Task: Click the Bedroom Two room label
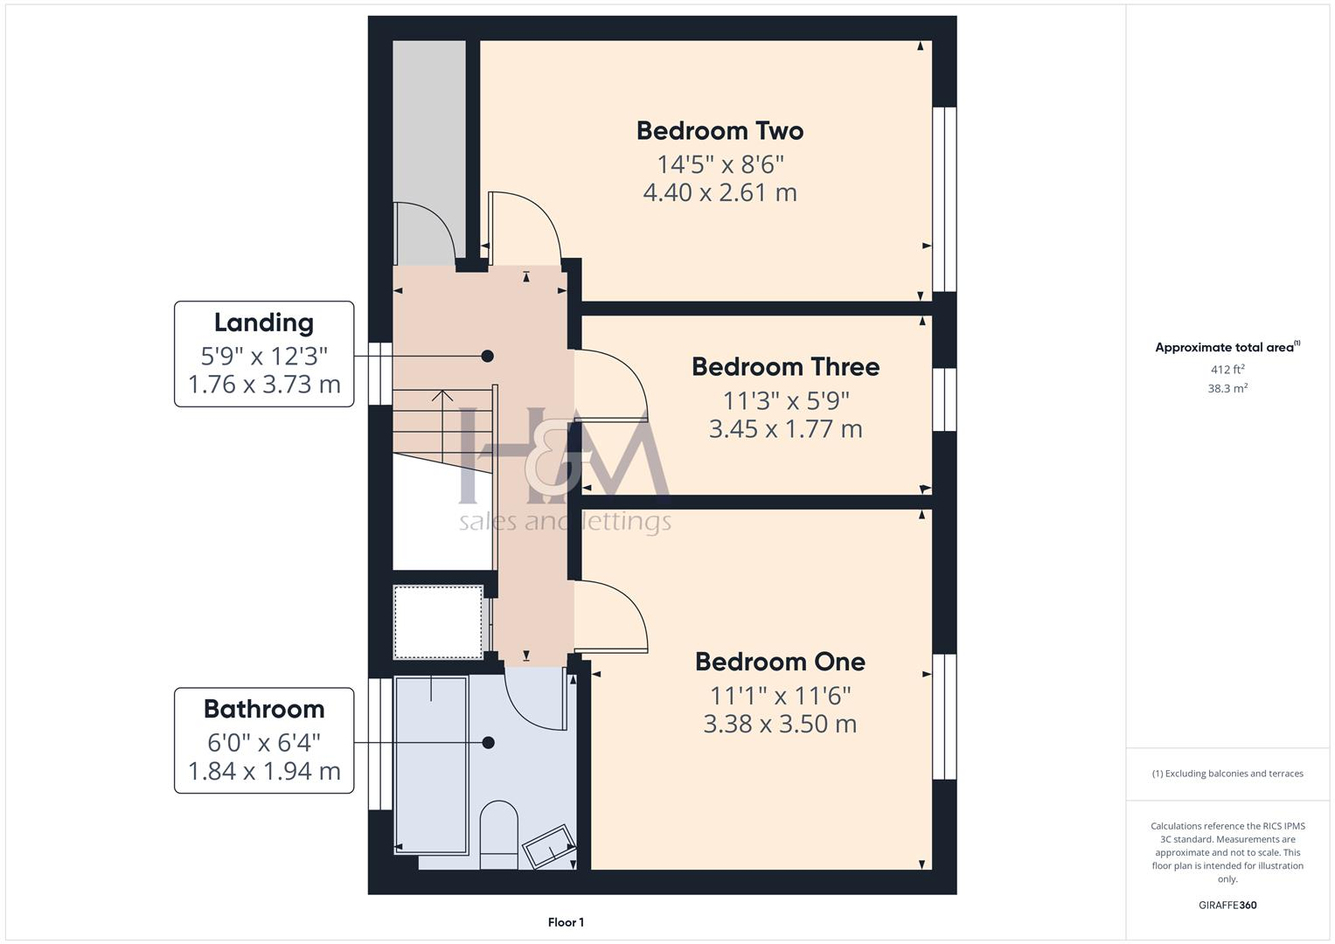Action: click(x=720, y=131)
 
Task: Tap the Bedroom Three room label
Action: click(x=785, y=367)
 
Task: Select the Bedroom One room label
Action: click(x=780, y=662)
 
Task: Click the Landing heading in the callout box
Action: click(x=264, y=323)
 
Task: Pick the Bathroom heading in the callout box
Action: click(x=264, y=709)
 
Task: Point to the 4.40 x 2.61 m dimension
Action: click(x=720, y=192)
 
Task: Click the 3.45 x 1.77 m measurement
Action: click(x=785, y=429)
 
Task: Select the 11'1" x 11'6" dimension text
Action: click(x=780, y=696)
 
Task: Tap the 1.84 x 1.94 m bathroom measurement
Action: click(x=264, y=772)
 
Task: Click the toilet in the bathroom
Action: click(x=499, y=835)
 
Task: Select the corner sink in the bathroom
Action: click(x=549, y=844)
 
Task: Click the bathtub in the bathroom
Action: click(x=432, y=763)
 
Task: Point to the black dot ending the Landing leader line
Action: click(x=488, y=356)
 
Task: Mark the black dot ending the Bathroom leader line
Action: click(x=489, y=743)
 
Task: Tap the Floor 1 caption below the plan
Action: click(x=566, y=922)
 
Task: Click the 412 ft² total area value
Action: click(x=1227, y=370)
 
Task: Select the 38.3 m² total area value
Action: click(x=1227, y=389)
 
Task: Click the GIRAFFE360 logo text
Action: click(x=1227, y=905)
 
